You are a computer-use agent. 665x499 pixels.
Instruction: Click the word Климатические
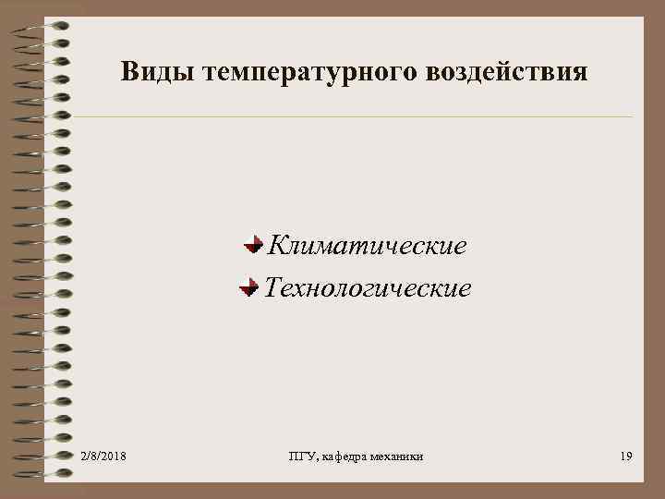click(x=366, y=247)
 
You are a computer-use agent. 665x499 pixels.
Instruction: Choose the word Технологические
click(x=368, y=289)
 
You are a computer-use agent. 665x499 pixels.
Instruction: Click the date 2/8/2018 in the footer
click(x=103, y=456)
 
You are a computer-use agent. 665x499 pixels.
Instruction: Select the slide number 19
click(x=626, y=456)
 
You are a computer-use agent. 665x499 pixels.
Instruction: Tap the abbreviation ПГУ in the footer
click(x=302, y=456)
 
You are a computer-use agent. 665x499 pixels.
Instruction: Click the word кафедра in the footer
click(x=347, y=456)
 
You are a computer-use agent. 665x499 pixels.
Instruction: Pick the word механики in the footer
click(x=399, y=456)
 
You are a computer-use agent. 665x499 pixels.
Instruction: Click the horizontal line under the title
click(x=351, y=117)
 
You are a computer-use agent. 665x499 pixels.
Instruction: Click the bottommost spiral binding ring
click(x=46, y=475)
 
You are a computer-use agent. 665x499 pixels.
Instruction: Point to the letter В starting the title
click(x=129, y=72)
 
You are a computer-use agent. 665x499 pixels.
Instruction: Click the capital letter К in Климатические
click(x=273, y=247)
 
